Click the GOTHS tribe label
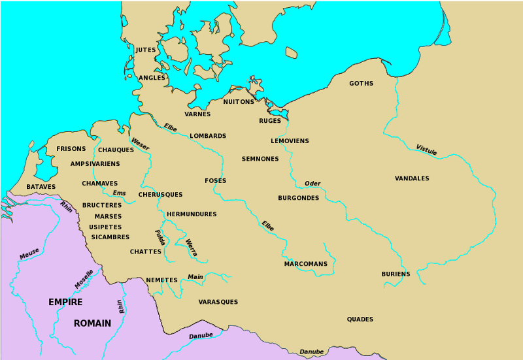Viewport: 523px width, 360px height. coord(361,84)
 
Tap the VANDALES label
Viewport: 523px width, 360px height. coord(412,178)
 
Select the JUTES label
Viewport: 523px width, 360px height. coord(146,50)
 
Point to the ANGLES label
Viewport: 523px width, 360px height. coord(152,78)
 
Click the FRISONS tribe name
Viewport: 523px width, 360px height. coord(71,149)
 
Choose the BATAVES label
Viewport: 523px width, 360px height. coord(41,187)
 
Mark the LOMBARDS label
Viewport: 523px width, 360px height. coord(208,137)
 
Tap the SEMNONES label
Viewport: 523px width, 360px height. coord(260,159)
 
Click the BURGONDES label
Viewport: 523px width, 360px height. coord(298,198)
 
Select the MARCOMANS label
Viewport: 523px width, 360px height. coord(305,264)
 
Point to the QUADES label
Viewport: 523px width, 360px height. coord(360,319)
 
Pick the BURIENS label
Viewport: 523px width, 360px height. coord(396,274)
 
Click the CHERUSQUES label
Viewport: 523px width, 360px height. coord(160,195)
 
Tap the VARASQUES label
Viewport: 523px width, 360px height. coord(218,302)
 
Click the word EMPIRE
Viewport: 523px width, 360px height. coord(65,302)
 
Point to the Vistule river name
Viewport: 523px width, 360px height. coord(426,150)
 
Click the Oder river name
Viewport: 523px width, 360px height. coord(312,184)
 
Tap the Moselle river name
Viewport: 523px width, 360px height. coord(84,279)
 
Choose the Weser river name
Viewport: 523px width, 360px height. coord(140,144)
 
